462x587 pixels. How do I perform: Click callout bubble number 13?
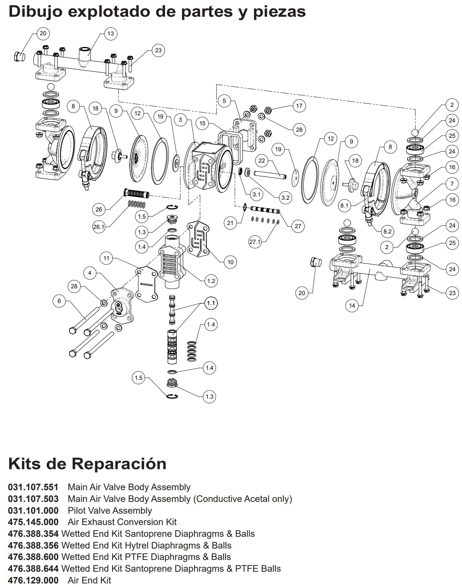click(111, 33)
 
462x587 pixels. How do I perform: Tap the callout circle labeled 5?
click(224, 101)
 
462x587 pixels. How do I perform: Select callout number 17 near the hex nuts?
click(299, 106)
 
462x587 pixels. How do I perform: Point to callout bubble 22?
click(262, 161)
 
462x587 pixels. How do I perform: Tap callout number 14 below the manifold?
click(352, 305)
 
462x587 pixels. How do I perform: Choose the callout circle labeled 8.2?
click(387, 231)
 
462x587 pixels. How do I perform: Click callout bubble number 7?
click(452, 184)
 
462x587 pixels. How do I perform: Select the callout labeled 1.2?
click(211, 281)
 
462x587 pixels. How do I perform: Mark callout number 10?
click(230, 262)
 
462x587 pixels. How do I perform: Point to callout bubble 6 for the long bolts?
click(59, 301)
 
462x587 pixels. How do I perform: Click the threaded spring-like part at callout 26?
click(137, 194)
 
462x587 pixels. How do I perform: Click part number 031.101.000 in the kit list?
click(33, 510)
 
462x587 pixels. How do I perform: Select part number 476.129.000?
click(33, 580)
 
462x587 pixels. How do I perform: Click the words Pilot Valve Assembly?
click(110, 510)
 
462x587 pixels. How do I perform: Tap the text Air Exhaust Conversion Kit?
click(122, 522)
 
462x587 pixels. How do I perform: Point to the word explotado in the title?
click(109, 12)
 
